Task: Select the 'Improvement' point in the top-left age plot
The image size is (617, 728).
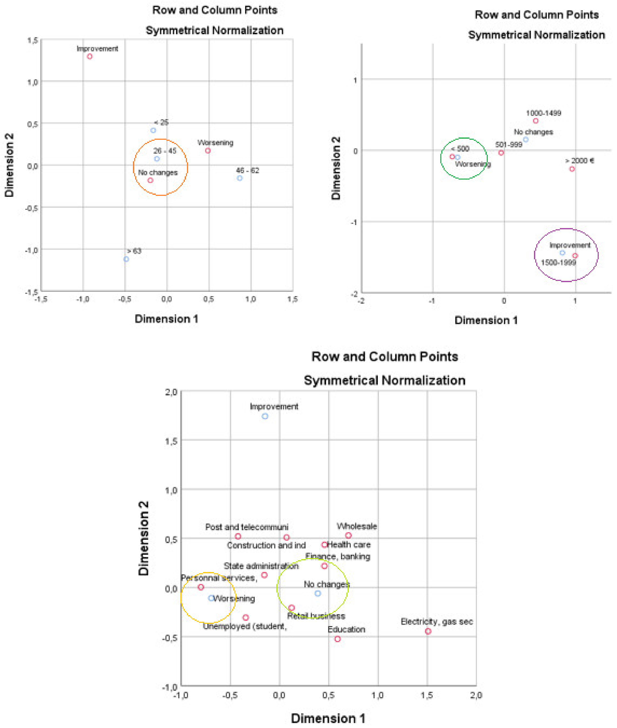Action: pos(90,56)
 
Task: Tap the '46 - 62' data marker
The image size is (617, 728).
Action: pos(240,178)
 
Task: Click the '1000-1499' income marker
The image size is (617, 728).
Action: pos(535,121)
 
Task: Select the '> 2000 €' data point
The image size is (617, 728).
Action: pos(572,169)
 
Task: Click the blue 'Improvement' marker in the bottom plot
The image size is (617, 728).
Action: pos(265,416)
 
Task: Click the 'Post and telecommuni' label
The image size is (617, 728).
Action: pos(247,527)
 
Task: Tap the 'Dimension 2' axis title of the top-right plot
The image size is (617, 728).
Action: pos(336,168)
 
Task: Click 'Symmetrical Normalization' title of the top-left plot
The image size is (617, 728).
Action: pos(215,30)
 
